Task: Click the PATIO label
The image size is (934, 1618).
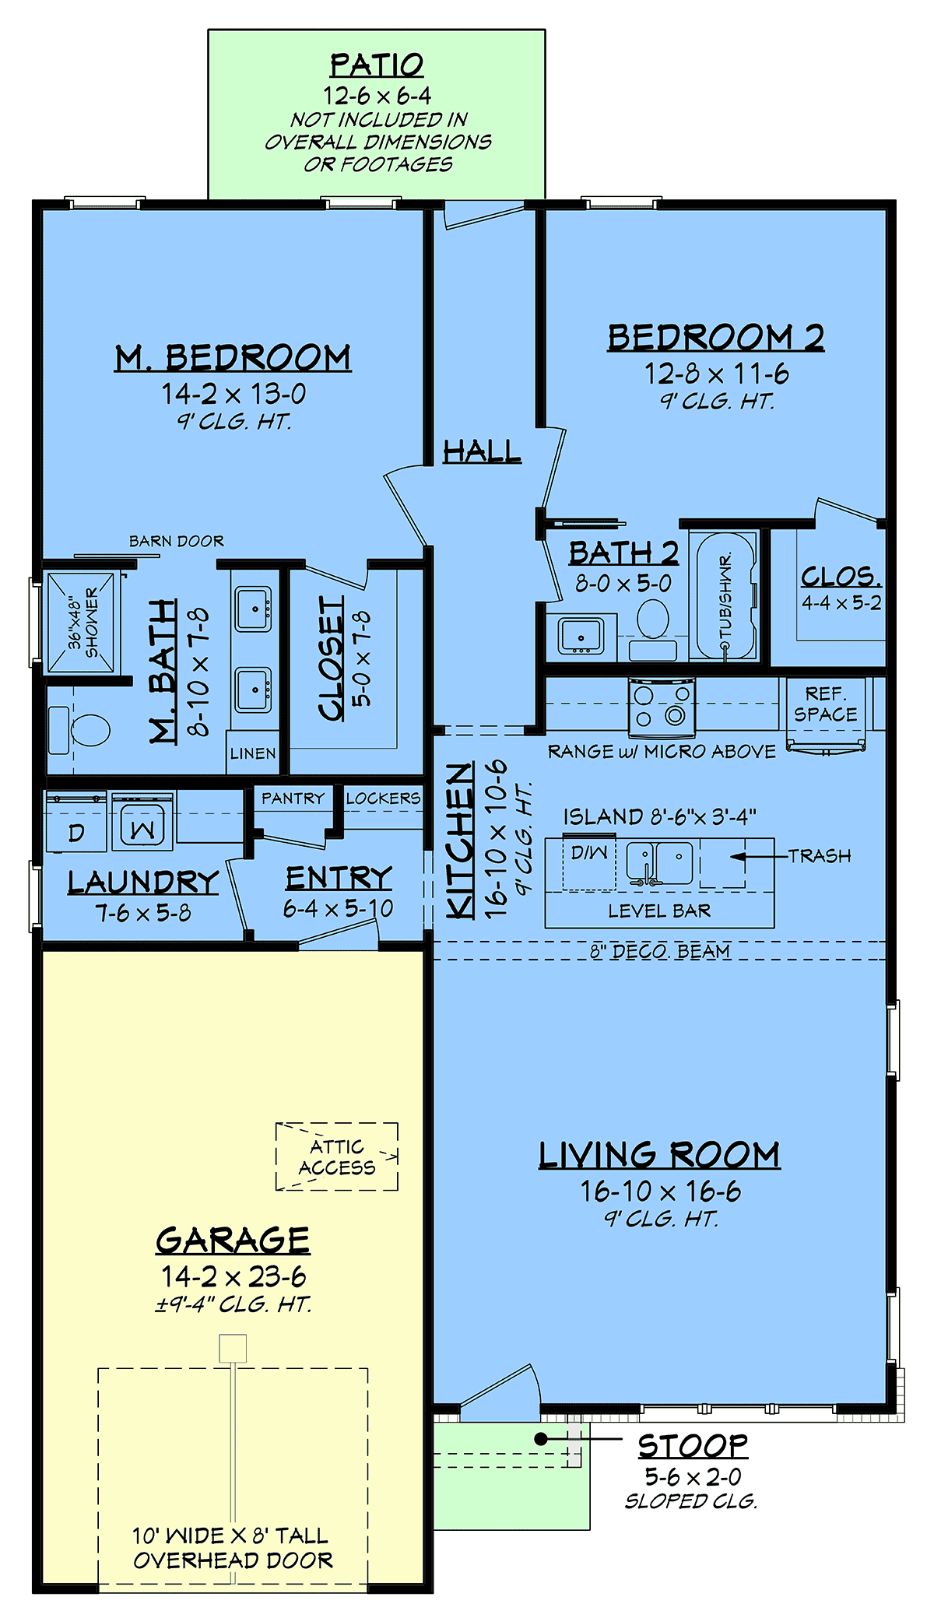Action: [x=377, y=65]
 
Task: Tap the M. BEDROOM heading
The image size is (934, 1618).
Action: [x=233, y=358]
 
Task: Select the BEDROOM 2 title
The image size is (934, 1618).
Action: [x=715, y=338]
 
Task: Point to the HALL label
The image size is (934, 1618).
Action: [x=482, y=451]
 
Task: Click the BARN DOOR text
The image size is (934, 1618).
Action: [x=176, y=541]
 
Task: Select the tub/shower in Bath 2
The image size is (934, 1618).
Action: [x=725, y=596]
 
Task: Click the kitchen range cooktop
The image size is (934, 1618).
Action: [x=662, y=707]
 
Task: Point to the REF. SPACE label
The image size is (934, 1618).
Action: [x=825, y=704]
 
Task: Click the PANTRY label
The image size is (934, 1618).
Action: [x=293, y=798]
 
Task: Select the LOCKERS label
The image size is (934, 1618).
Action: [x=383, y=798]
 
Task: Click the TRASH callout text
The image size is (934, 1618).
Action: [x=820, y=856]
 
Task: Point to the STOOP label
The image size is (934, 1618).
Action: [x=693, y=1446]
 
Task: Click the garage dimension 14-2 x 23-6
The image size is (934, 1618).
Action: [x=233, y=1277]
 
